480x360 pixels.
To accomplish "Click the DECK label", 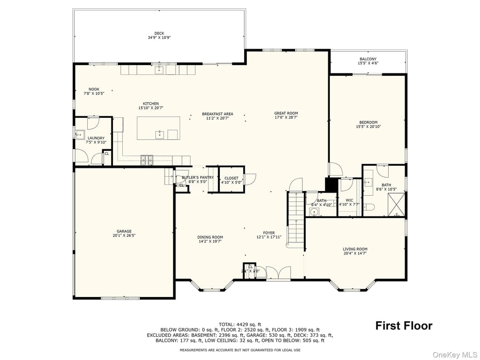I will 159,34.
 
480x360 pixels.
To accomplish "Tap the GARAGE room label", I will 124,231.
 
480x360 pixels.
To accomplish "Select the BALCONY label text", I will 368,59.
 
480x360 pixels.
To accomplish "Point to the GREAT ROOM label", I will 285,113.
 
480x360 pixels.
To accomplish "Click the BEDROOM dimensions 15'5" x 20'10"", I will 369,127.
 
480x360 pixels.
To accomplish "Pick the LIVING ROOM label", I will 355,249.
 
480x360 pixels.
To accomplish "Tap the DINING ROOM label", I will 210,237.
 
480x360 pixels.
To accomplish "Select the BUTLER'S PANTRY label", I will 194,178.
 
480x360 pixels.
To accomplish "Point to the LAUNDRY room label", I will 95,138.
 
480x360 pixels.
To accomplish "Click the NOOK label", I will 93,89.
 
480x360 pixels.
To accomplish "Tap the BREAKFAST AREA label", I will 217,114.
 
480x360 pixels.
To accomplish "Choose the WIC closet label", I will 349,200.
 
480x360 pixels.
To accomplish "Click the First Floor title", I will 404,326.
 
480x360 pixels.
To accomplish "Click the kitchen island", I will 158,128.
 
